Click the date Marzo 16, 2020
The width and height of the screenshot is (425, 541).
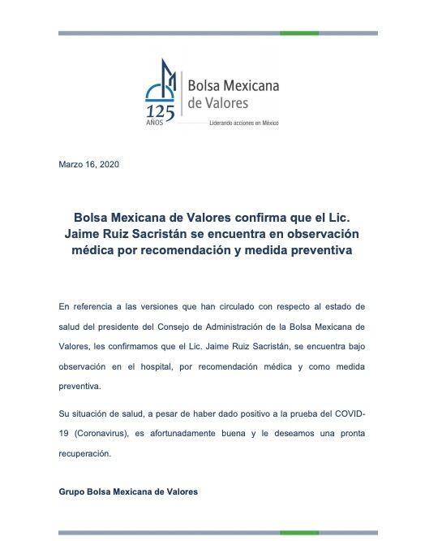point(89,164)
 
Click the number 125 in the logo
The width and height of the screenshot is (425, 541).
point(160,110)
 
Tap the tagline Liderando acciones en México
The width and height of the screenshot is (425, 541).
point(243,119)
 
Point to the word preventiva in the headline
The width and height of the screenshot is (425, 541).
point(312,251)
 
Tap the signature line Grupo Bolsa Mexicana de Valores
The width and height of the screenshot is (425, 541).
point(128,491)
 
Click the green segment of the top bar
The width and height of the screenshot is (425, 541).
point(299,33)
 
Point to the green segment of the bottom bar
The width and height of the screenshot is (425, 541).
point(299,533)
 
